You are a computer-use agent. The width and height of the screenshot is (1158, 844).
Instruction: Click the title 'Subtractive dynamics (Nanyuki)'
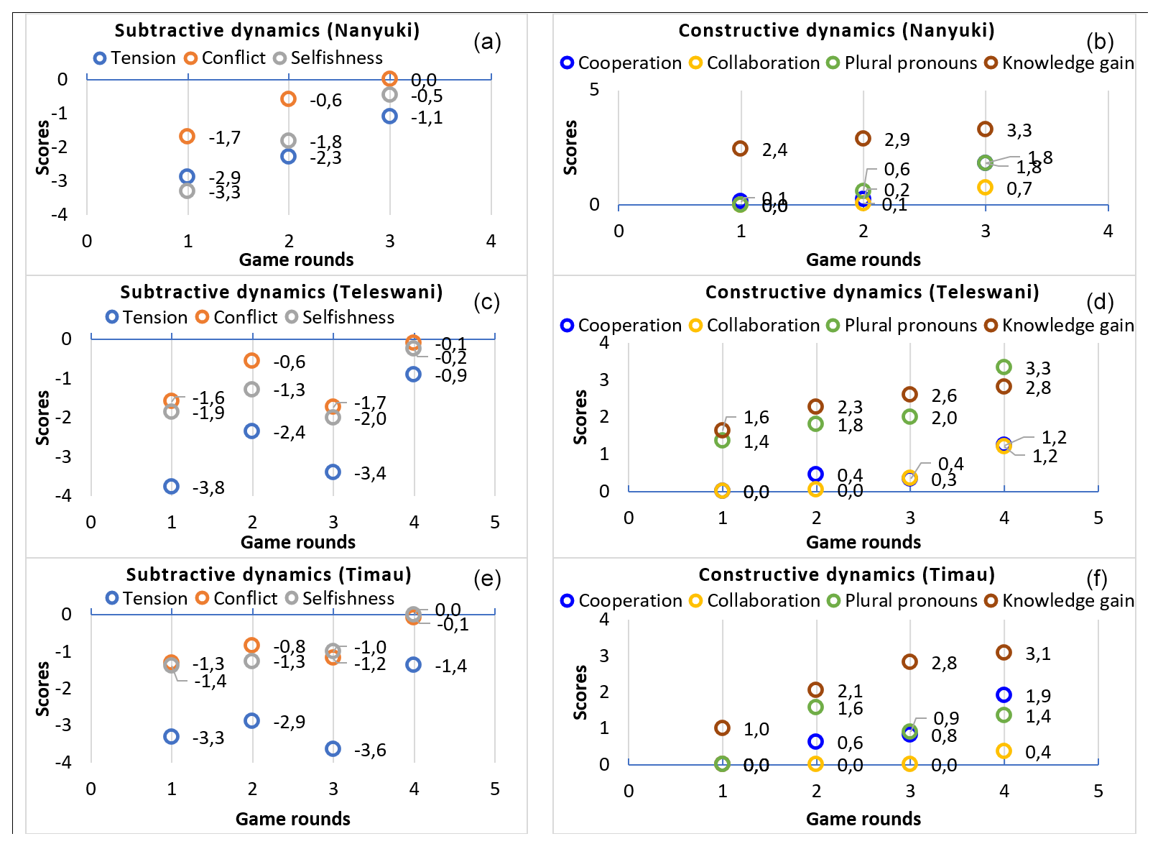[267, 30]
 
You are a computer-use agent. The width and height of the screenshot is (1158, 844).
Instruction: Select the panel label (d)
[1100, 301]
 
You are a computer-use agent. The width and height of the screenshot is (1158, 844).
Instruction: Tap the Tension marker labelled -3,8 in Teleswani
[171, 487]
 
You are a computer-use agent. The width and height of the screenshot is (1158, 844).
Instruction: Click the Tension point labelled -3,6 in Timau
[333, 749]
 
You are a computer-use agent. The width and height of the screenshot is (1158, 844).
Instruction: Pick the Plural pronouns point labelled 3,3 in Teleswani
[1004, 367]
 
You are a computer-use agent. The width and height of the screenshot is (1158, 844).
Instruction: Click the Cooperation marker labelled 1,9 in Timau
[1004, 695]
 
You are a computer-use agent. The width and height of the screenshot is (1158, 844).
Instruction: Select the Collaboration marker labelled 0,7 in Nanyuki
[985, 188]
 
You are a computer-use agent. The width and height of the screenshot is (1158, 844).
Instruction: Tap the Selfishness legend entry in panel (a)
[328, 58]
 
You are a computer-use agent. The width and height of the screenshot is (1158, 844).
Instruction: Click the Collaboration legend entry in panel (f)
[754, 601]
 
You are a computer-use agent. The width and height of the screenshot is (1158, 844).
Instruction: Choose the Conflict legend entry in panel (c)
[236, 317]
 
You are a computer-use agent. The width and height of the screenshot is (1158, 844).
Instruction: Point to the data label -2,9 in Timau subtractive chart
[289, 722]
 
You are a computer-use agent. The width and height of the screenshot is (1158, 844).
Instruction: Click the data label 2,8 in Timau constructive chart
[944, 663]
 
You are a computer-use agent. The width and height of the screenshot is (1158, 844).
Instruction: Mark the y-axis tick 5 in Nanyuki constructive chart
[594, 90]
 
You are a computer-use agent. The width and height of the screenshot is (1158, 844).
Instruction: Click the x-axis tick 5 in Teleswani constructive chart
[1098, 518]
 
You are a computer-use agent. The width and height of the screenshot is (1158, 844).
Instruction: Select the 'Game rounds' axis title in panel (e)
[293, 819]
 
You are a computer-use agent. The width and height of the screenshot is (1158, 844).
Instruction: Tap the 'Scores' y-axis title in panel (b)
[570, 147]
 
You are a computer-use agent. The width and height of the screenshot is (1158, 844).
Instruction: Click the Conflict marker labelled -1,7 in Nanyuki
[187, 137]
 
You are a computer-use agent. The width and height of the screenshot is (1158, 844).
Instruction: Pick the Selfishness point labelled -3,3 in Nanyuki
[187, 191]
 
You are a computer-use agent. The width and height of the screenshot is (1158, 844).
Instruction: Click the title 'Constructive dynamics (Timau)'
[846, 574]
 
